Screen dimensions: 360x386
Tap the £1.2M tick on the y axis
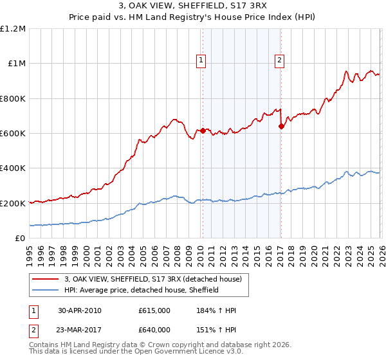click(x=13, y=29)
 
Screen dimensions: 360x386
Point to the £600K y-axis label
click(x=13, y=134)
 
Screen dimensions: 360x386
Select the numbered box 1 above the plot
click(x=201, y=61)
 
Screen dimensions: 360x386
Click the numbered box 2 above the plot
click(x=280, y=61)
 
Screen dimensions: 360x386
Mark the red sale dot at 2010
click(x=203, y=130)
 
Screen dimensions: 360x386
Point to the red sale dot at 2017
click(x=281, y=127)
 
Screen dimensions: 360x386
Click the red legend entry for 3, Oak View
click(x=153, y=279)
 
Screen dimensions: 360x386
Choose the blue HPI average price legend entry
click(x=142, y=290)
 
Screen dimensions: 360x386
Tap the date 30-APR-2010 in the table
click(x=80, y=310)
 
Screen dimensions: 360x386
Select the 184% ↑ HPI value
click(x=217, y=310)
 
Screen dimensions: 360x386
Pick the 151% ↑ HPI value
click(x=217, y=330)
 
